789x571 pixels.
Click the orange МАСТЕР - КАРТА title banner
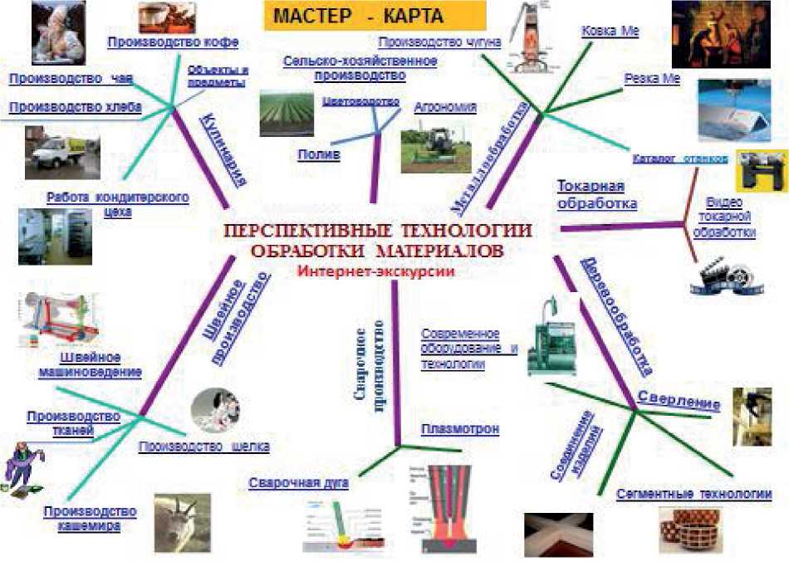(x=375, y=17)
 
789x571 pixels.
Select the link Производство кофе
(x=174, y=41)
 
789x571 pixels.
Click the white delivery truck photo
(x=62, y=152)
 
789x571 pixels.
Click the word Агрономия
(x=445, y=107)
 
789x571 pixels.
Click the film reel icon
(x=725, y=278)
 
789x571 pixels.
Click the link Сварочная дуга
(x=297, y=481)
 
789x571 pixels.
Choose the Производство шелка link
(x=203, y=447)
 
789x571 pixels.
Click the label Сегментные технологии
(x=693, y=494)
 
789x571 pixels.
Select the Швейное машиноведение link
(x=90, y=364)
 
